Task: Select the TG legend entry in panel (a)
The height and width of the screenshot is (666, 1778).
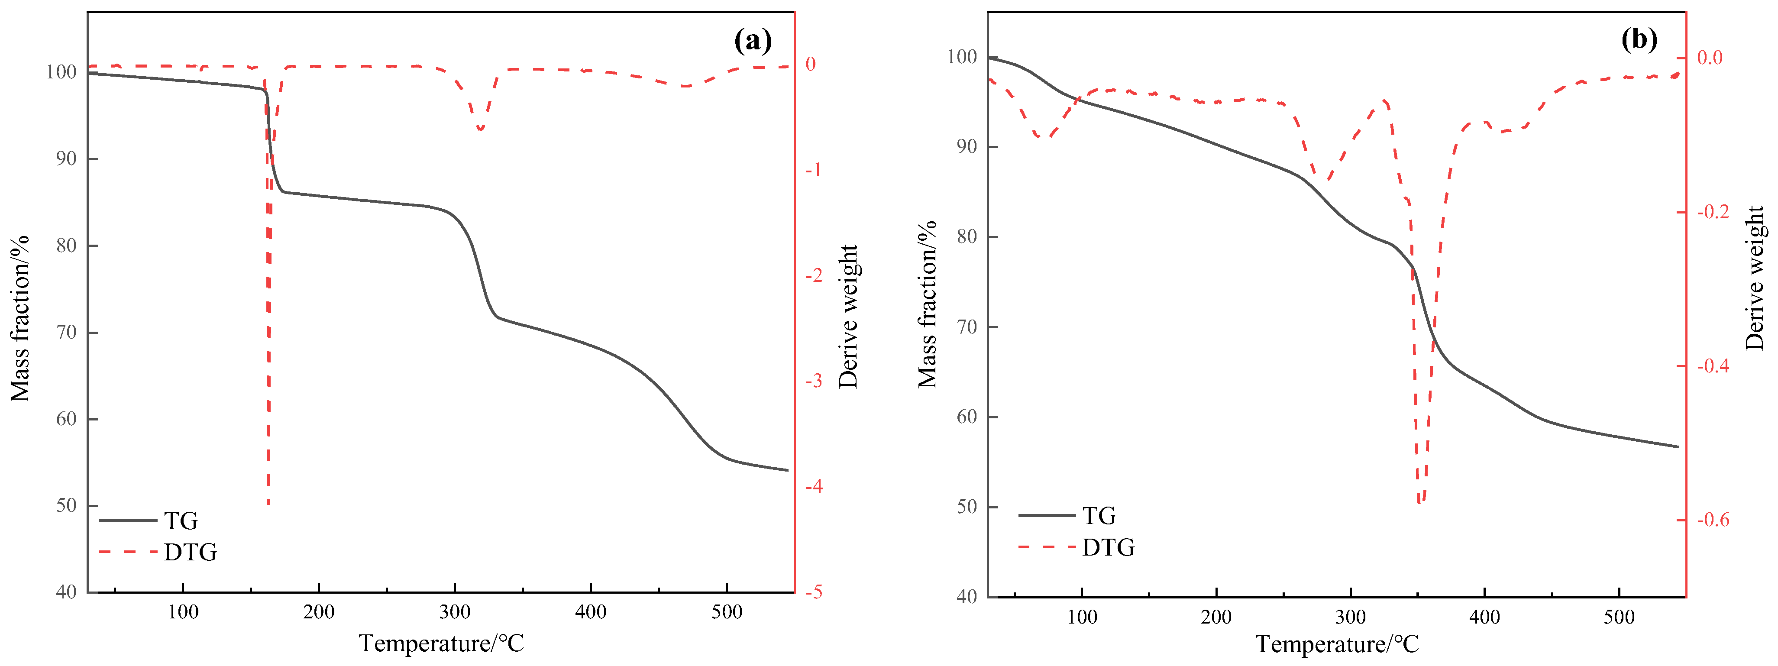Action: (181, 521)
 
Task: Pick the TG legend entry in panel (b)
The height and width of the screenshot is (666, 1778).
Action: (1099, 516)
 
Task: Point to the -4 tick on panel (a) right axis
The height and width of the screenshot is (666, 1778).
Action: (814, 487)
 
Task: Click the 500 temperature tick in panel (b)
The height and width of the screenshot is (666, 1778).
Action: (1619, 616)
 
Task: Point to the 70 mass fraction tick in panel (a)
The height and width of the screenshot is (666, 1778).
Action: (66, 333)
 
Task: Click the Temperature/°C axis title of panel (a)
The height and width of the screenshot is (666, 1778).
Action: (441, 643)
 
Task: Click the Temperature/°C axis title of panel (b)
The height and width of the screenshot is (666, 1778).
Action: (1337, 644)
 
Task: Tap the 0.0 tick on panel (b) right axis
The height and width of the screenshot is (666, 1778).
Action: (1710, 57)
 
